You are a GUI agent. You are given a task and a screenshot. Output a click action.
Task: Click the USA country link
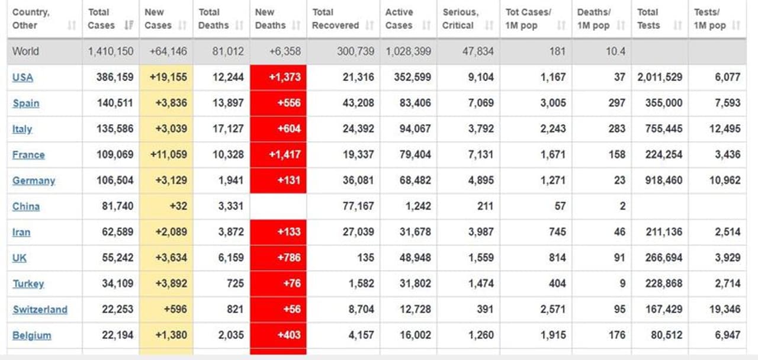coord(23,78)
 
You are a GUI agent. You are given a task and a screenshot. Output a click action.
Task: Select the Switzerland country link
coord(40,310)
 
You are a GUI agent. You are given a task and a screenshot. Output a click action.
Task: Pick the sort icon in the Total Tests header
coord(678,25)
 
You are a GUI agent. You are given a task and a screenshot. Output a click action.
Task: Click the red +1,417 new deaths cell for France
coord(278,155)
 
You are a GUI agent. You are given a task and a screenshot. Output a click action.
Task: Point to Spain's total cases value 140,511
coord(115,103)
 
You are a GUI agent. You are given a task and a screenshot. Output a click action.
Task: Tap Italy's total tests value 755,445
coord(660,129)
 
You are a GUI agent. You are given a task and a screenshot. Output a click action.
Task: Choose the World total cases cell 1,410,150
coord(111,52)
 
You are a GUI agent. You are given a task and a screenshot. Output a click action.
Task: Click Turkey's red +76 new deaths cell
coord(278,284)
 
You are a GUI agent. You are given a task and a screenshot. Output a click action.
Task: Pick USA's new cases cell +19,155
coord(166,78)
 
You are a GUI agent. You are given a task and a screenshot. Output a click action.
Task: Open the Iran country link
coord(21,232)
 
